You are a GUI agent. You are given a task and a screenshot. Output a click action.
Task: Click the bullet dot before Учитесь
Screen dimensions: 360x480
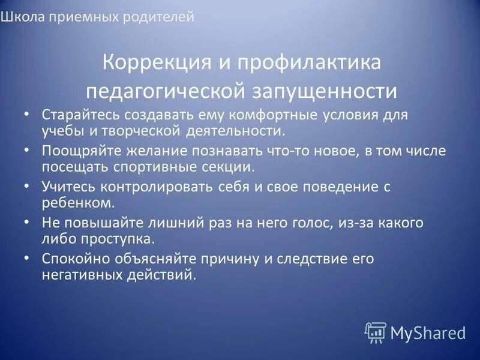[x=26, y=187]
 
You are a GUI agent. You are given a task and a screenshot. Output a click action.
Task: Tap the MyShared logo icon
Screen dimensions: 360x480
[x=375, y=332]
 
